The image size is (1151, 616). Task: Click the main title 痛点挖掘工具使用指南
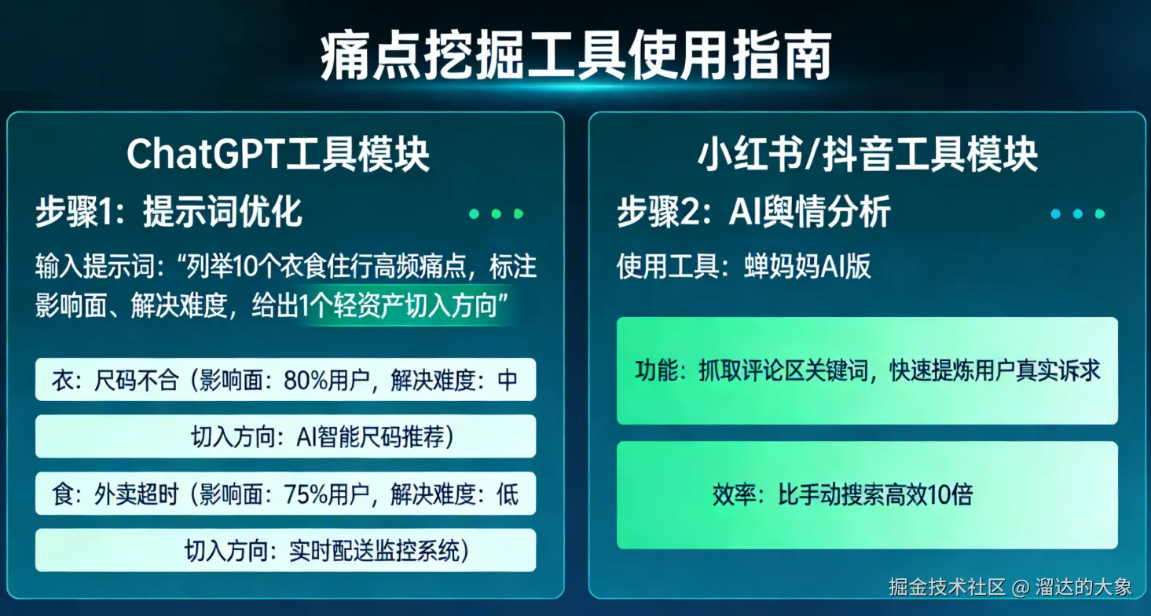pyautogui.click(x=575, y=56)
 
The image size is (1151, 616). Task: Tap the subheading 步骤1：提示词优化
pyautogui.click(x=169, y=213)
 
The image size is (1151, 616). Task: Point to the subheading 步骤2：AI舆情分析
pyautogui.click(x=753, y=213)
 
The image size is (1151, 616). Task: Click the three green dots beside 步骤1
pyautogui.click(x=496, y=213)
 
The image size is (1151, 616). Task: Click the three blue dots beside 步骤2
pyautogui.click(x=1078, y=213)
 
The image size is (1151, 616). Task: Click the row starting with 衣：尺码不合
pyautogui.click(x=285, y=380)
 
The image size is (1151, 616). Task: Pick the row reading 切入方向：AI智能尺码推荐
pyautogui.click(x=322, y=436)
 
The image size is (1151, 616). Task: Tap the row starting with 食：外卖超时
pyautogui.click(x=285, y=494)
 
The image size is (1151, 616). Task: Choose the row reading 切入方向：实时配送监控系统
pyautogui.click(x=326, y=550)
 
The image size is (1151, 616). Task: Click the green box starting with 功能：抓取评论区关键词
pyautogui.click(x=867, y=370)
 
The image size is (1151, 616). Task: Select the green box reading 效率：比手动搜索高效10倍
pyautogui.click(x=867, y=495)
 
